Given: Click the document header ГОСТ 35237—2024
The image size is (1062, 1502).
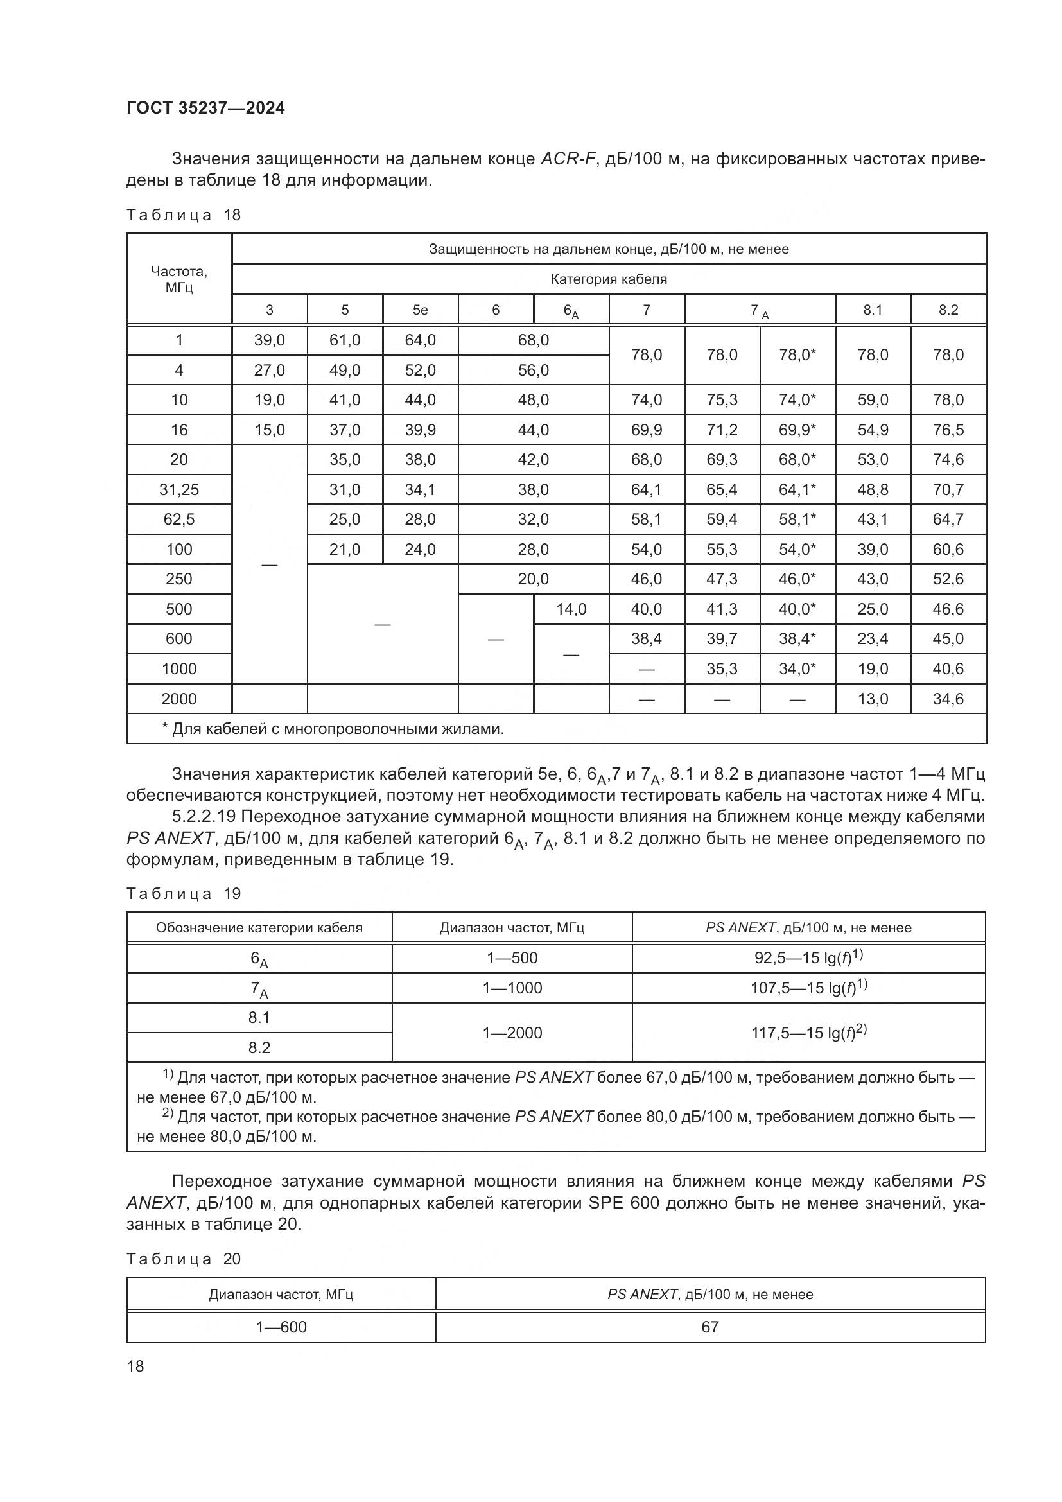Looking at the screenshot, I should (205, 109).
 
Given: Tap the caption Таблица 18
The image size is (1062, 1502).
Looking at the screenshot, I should (184, 215).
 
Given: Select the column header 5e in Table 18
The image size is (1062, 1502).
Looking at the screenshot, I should (420, 310).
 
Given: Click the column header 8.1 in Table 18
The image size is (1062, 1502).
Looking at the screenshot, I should (873, 310).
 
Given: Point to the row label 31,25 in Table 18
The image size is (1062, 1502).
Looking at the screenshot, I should (178, 489).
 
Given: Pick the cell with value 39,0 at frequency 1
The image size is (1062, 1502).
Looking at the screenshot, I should (270, 340).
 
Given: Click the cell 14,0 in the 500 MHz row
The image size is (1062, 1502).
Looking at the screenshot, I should (571, 609).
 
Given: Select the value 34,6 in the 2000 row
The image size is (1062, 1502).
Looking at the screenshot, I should (948, 699).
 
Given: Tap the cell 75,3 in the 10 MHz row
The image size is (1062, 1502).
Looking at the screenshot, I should (722, 399).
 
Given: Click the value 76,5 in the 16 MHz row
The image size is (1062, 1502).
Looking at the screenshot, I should (948, 430).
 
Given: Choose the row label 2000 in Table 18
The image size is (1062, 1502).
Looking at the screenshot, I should (178, 699).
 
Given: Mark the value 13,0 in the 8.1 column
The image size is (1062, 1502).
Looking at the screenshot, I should (873, 699).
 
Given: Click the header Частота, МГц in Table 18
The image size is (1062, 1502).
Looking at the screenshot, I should (178, 279).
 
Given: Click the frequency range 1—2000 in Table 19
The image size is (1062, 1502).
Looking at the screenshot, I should (512, 1033).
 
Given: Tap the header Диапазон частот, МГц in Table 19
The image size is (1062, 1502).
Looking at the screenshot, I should (512, 928).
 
